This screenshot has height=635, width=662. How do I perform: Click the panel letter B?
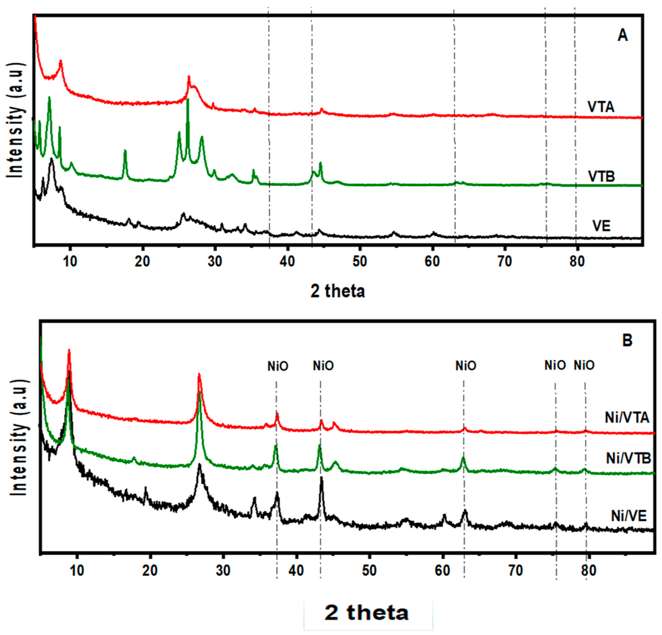[x=627, y=341]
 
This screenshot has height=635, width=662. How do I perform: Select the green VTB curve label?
[x=602, y=176]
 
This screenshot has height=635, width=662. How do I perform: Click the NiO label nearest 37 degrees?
[x=278, y=366]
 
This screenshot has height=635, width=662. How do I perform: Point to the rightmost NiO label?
[x=584, y=365]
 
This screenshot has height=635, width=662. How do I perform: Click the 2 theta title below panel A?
[x=338, y=291]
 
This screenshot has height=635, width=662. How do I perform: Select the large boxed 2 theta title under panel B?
[x=368, y=613]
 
